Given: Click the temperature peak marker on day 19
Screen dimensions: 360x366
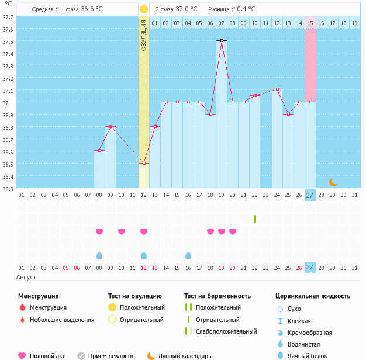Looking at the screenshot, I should [x=222, y=40].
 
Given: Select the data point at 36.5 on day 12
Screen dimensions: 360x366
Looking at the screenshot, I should [x=144, y=164].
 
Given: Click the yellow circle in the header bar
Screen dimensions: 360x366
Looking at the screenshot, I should [x=144, y=9].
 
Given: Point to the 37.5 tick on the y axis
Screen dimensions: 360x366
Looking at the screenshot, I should [x=8, y=41].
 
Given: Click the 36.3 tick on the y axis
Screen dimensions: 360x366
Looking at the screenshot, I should [x=8, y=189].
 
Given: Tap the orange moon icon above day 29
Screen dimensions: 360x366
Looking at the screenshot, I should [x=333, y=182].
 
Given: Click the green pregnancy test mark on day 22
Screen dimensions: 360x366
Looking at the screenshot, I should [x=255, y=219].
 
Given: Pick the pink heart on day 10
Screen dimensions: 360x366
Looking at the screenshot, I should [x=122, y=231].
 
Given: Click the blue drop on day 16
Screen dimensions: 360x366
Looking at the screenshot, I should [x=188, y=256].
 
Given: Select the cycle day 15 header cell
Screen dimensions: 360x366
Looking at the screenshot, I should [x=310, y=23].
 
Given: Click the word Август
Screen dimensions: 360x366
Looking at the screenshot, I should [x=26, y=276].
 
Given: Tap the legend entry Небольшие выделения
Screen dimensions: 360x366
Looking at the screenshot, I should [x=61, y=320].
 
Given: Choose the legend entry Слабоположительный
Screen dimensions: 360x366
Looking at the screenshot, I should [x=226, y=331].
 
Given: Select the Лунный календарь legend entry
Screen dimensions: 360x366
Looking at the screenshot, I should [x=185, y=356].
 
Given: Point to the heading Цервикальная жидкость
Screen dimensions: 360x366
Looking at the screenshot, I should [x=313, y=296].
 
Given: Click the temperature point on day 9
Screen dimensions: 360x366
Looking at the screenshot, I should [x=111, y=127].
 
